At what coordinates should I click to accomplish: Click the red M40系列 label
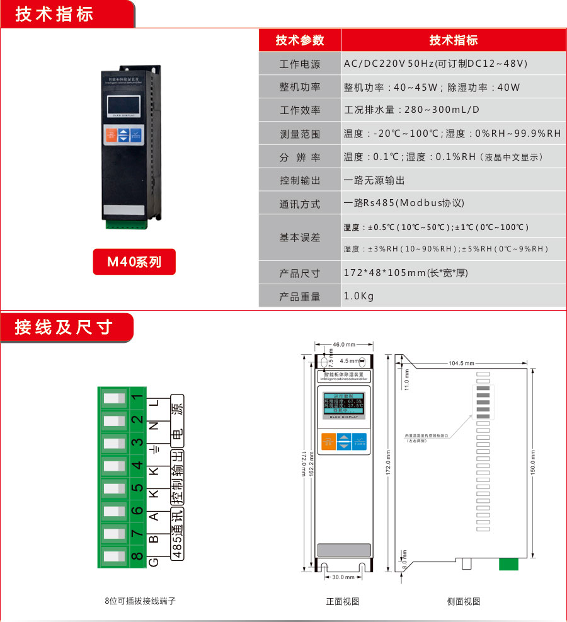click(x=134, y=262)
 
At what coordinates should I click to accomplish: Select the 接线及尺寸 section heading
click(x=64, y=327)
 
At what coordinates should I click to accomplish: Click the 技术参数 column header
click(x=300, y=40)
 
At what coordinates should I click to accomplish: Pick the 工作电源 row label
click(x=300, y=64)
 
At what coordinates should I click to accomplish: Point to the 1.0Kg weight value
click(x=359, y=296)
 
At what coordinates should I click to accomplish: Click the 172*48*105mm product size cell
click(x=406, y=273)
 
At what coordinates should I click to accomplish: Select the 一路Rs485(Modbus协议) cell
click(x=404, y=203)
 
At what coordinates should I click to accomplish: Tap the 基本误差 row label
click(x=300, y=238)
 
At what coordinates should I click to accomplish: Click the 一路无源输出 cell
click(x=374, y=180)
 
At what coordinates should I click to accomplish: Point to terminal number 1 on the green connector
click(x=137, y=399)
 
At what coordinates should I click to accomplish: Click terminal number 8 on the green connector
click(x=137, y=556)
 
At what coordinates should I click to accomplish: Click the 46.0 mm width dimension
click(x=344, y=345)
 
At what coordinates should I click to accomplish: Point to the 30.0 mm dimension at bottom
click(x=343, y=577)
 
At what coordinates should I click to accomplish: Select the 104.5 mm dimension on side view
click(x=462, y=364)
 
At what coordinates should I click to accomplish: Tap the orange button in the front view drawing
click(x=326, y=441)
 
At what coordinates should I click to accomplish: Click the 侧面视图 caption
click(x=464, y=602)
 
